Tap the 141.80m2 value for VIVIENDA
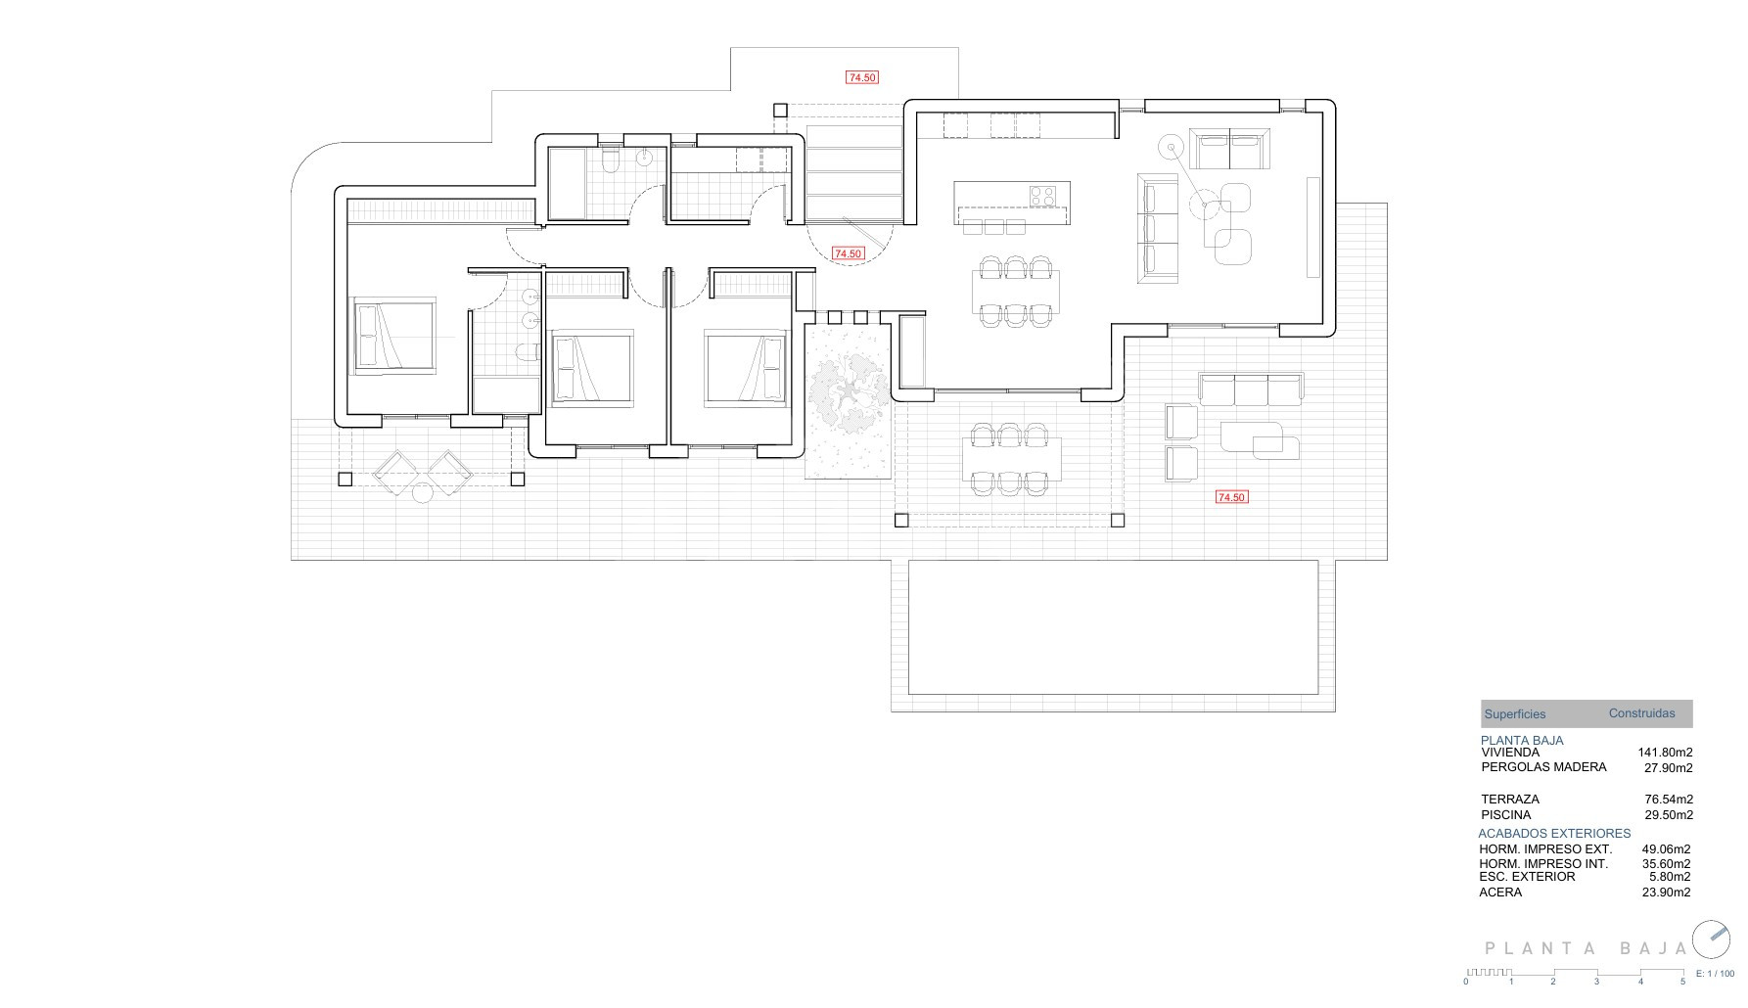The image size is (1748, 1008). click(1665, 753)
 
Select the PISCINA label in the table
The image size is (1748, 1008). click(1506, 814)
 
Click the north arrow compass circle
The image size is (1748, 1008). click(1711, 939)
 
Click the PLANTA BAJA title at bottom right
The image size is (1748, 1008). click(1586, 948)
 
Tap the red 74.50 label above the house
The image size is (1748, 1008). click(862, 77)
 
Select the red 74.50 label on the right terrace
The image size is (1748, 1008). click(1231, 497)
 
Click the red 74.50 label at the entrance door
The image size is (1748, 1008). click(848, 253)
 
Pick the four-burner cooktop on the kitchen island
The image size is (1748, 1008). click(1042, 196)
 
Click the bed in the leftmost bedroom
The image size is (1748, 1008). click(393, 336)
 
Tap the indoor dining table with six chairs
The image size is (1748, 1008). click(1016, 291)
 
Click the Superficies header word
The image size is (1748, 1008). click(1515, 714)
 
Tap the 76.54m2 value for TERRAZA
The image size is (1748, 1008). click(1669, 800)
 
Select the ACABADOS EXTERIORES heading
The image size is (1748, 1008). click(1554, 834)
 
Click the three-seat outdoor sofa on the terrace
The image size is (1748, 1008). click(1252, 389)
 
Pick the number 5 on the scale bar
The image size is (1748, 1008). click(1682, 982)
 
